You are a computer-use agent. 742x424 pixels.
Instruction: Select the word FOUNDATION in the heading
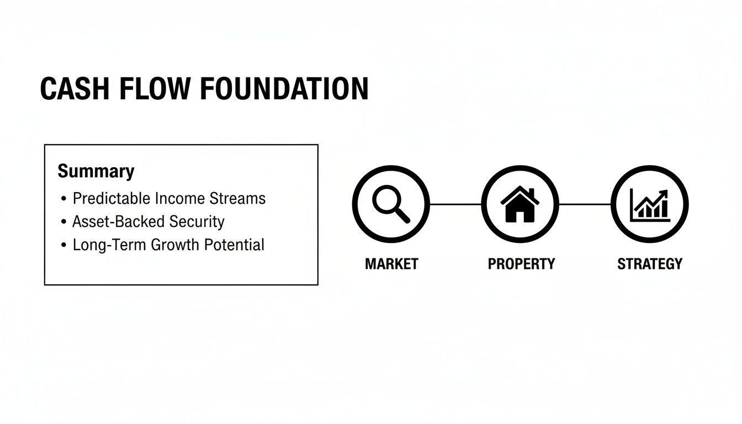point(284,89)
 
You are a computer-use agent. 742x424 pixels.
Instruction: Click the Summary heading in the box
point(96,171)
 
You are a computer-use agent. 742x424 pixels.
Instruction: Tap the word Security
point(197,221)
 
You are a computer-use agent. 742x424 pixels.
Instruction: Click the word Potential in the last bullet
point(234,245)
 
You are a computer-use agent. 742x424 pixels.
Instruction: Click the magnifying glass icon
point(391,204)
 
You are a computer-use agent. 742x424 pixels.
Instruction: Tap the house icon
point(520,204)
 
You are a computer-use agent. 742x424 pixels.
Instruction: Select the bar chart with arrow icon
point(650,204)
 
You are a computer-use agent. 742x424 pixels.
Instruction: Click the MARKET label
point(391,264)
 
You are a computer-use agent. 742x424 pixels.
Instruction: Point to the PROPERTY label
point(521,264)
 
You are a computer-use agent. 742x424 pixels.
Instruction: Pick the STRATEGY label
point(650,264)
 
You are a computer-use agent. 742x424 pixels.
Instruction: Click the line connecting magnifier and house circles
point(455,204)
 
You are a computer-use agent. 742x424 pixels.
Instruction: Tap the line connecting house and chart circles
point(585,204)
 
